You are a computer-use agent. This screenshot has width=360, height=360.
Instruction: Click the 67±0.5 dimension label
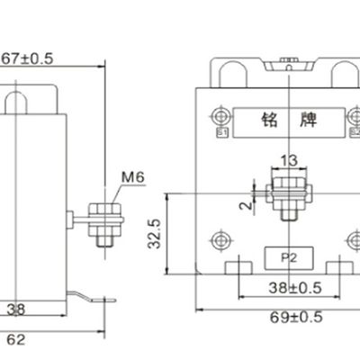pyautogui.click(x=28, y=58)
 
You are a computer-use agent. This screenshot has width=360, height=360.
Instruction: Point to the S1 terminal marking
pyautogui.click(x=221, y=134)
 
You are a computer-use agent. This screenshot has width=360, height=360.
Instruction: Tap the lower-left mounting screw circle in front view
pyautogui.click(x=221, y=239)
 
